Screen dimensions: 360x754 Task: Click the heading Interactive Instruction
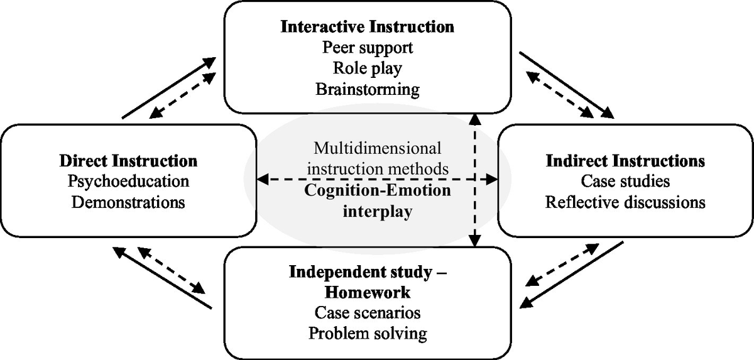click(367, 27)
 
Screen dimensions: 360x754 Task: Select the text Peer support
click(367, 48)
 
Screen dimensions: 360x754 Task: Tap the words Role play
click(367, 68)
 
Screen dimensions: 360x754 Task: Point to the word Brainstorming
click(367, 89)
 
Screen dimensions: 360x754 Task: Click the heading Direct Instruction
click(128, 161)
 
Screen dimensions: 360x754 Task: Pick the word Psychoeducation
click(128, 182)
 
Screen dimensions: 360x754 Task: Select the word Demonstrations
click(128, 202)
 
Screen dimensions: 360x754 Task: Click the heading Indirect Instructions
click(625, 161)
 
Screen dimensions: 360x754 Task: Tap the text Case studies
click(625, 182)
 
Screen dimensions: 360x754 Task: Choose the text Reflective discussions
click(625, 202)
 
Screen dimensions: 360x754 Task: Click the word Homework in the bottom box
click(367, 292)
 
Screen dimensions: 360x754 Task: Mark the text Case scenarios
click(367, 312)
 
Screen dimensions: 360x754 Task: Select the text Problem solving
click(367, 332)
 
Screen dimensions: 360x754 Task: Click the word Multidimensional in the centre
click(378, 149)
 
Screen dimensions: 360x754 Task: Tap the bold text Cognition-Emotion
click(378, 190)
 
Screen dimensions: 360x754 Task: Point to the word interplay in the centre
click(378, 211)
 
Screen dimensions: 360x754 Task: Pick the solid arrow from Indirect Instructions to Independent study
click(572, 275)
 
